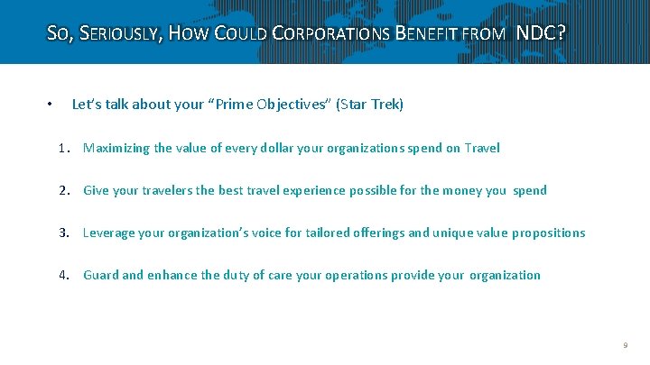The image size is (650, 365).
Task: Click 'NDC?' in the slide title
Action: (x=542, y=33)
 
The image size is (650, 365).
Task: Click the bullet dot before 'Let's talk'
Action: (x=51, y=104)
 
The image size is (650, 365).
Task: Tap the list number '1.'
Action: (x=65, y=148)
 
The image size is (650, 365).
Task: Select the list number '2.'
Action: (x=65, y=190)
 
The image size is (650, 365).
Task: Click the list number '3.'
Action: (x=65, y=233)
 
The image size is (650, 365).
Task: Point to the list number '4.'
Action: (x=65, y=275)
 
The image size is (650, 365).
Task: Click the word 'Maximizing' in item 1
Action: (x=116, y=148)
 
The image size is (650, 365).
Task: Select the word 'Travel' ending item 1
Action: (x=481, y=148)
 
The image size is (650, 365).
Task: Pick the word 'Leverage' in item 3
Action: (x=110, y=233)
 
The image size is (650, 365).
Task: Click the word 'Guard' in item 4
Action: (x=100, y=275)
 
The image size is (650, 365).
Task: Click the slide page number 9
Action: (x=625, y=346)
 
